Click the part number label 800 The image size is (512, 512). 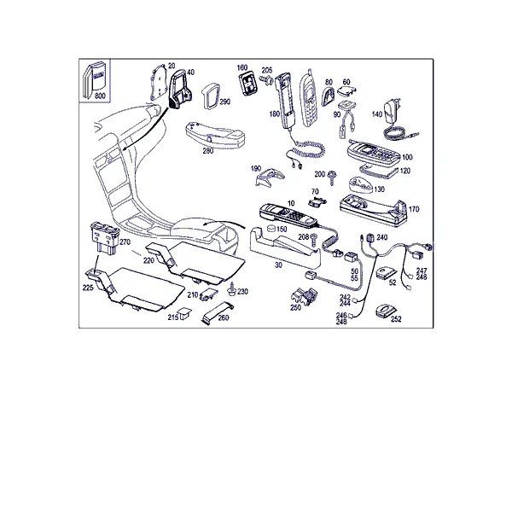click(x=100, y=96)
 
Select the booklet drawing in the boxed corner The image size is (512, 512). click(x=94, y=79)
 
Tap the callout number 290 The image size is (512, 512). click(x=224, y=102)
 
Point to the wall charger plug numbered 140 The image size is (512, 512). click(x=391, y=112)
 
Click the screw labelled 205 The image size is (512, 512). click(x=265, y=79)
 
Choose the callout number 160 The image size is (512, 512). click(x=242, y=67)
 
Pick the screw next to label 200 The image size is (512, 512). click(x=333, y=177)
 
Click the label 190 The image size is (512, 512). click(x=256, y=168)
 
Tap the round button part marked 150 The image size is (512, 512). click(x=271, y=230)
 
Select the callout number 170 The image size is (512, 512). click(x=414, y=209)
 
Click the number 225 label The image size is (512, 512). click(x=88, y=288)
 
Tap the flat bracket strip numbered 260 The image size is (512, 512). click(x=218, y=313)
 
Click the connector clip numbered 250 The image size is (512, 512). click(x=304, y=296)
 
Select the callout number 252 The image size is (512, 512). click(x=396, y=319)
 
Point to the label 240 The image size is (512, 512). click(x=381, y=237)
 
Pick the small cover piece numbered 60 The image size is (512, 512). click(x=346, y=90)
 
